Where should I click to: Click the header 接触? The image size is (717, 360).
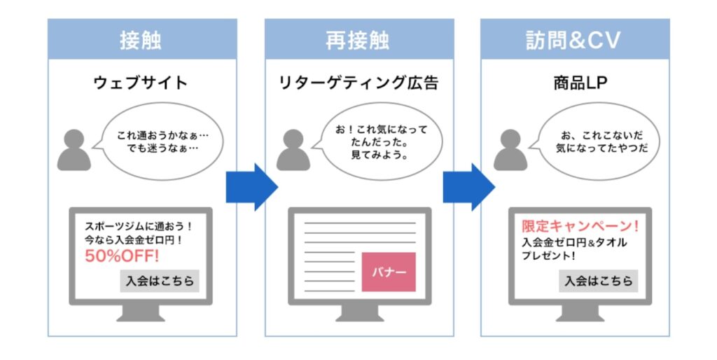(x=141, y=40)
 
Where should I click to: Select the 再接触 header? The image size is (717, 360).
(x=358, y=40)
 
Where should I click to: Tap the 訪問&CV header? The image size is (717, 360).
(x=573, y=40)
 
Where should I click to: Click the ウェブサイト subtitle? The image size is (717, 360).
(x=141, y=83)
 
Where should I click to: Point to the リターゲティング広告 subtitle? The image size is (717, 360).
(x=358, y=83)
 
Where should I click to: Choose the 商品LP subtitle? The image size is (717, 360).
(x=575, y=83)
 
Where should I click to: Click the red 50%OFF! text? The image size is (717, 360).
(x=123, y=256)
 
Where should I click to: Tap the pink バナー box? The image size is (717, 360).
(x=389, y=272)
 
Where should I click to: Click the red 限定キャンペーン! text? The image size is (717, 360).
(x=580, y=227)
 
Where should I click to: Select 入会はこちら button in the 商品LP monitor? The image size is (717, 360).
(x=598, y=281)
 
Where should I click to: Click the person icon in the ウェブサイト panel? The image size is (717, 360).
(x=74, y=150)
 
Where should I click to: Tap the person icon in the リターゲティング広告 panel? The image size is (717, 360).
(x=293, y=150)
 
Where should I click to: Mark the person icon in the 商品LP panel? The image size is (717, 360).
(x=510, y=150)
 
